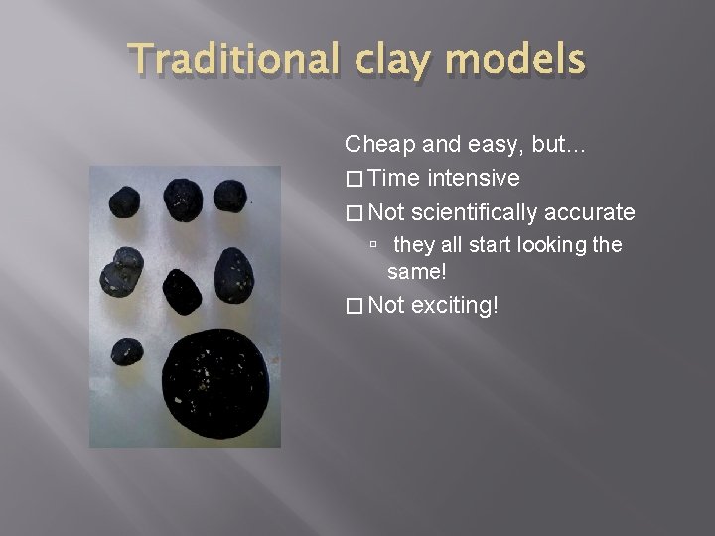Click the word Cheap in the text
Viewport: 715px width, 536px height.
point(376,145)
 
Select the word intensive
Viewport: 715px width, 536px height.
point(475,179)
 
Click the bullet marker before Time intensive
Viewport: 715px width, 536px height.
point(354,180)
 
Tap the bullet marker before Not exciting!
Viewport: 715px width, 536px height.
point(354,306)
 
